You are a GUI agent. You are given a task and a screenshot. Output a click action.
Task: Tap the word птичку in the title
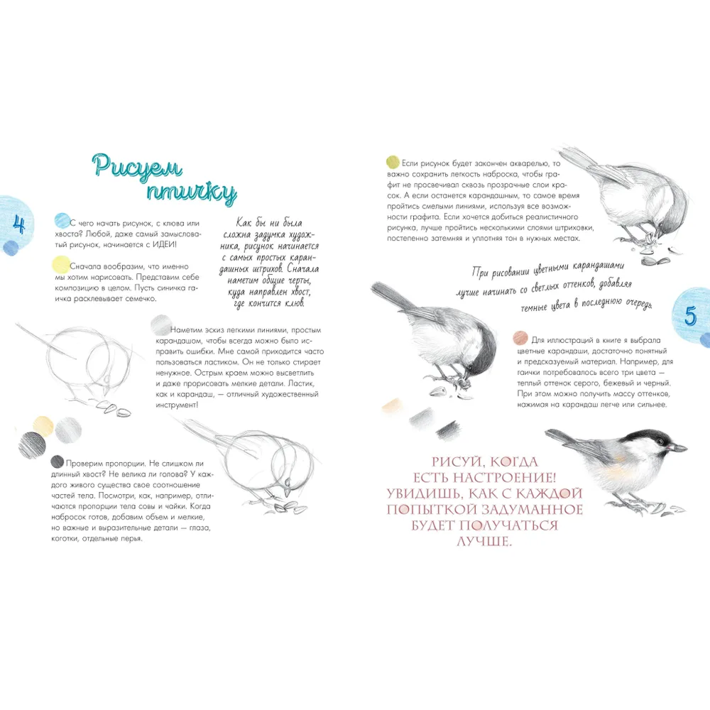click(191, 192)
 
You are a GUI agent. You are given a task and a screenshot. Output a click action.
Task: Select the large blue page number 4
click(18, 224)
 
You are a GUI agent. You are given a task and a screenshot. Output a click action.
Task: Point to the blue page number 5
click(690, 316)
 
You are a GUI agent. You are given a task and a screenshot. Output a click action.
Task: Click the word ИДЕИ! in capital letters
click(164, 244)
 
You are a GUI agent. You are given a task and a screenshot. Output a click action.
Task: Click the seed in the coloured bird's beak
click(678, 448)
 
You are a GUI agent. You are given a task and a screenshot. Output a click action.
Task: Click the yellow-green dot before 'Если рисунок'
click(393, 162)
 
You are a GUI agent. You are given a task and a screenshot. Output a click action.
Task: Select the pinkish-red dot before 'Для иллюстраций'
click(520, 338)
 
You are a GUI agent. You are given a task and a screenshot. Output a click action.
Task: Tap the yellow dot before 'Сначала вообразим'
click(61, 264)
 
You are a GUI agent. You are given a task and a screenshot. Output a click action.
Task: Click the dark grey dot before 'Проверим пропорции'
click(57, 462)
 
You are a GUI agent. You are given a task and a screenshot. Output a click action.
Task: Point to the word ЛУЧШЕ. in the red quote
click(484, 541)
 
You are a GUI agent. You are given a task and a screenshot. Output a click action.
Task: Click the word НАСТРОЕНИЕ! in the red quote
click(504, 478)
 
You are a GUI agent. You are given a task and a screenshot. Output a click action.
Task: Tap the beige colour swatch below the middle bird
click(393, 405)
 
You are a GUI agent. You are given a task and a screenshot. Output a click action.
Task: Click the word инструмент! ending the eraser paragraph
click(177, 405)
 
